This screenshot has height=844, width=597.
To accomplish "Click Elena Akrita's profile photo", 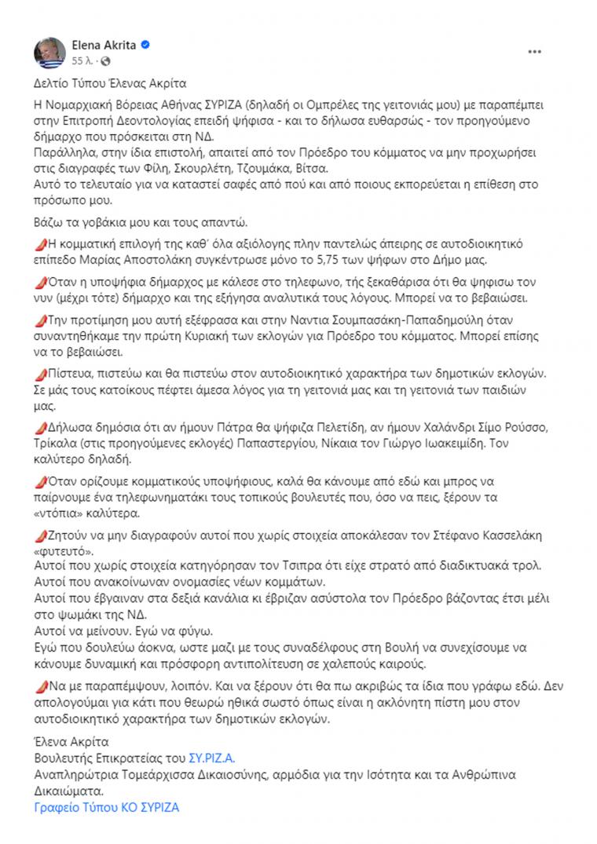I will click(49, 51).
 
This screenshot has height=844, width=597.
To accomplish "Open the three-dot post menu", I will click(534, 52).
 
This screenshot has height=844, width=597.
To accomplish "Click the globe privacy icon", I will click(106, 60).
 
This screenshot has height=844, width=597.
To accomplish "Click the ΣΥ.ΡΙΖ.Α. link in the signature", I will click(212, 758).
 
